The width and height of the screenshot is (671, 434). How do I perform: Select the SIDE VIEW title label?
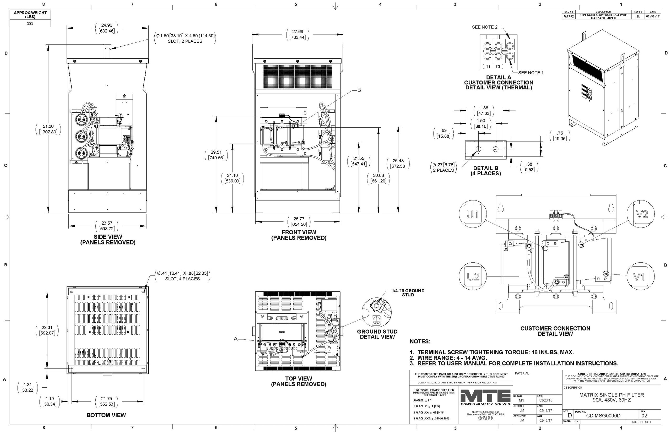108,237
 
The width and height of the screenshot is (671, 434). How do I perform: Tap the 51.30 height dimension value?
48,127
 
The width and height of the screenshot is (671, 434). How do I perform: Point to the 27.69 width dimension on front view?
297,31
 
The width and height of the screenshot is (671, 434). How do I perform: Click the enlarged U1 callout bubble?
473,215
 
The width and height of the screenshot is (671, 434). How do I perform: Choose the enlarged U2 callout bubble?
473,276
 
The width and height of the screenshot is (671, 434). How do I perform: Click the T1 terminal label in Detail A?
488,67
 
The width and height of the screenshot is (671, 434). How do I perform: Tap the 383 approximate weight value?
30,23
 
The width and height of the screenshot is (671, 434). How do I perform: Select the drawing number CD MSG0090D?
603,416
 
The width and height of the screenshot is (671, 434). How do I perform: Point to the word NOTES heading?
420,341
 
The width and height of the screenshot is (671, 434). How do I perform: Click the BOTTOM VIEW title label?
106,415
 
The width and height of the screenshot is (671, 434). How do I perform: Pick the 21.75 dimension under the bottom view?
106,399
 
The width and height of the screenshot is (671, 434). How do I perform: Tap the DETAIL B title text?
486,168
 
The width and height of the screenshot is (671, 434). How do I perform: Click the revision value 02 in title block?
644,416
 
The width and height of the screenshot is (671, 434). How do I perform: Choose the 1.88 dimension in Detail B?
484,108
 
